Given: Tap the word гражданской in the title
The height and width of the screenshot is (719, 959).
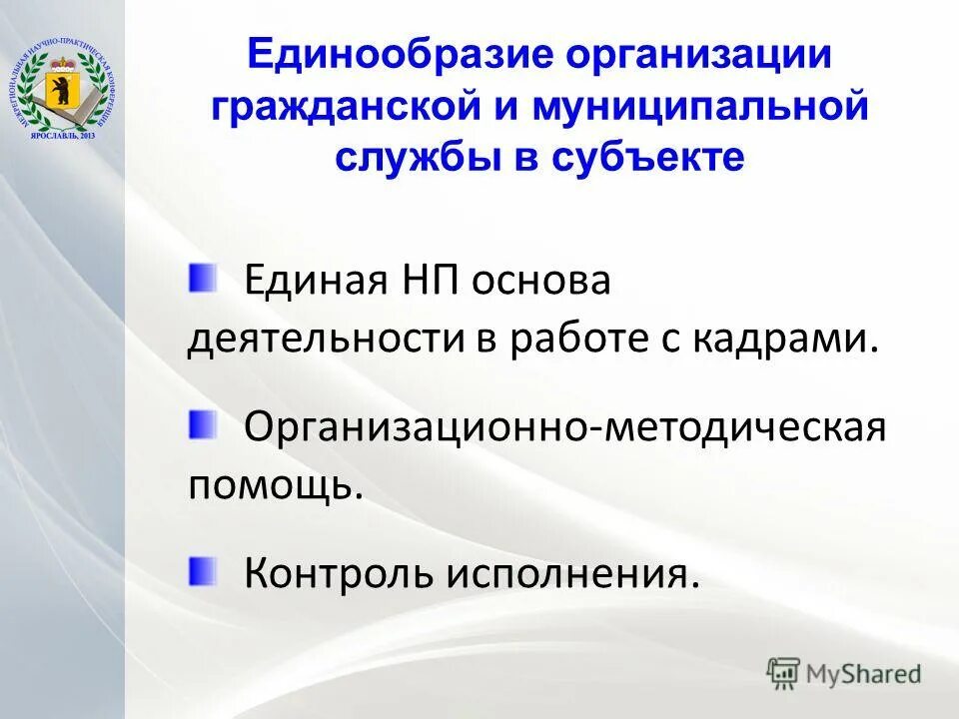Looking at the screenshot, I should [346, 107].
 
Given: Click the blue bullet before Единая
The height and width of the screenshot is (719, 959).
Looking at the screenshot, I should [202, 277].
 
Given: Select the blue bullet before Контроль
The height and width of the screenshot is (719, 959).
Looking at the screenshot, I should [202, 570].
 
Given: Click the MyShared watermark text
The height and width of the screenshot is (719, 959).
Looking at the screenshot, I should [865, 673].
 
